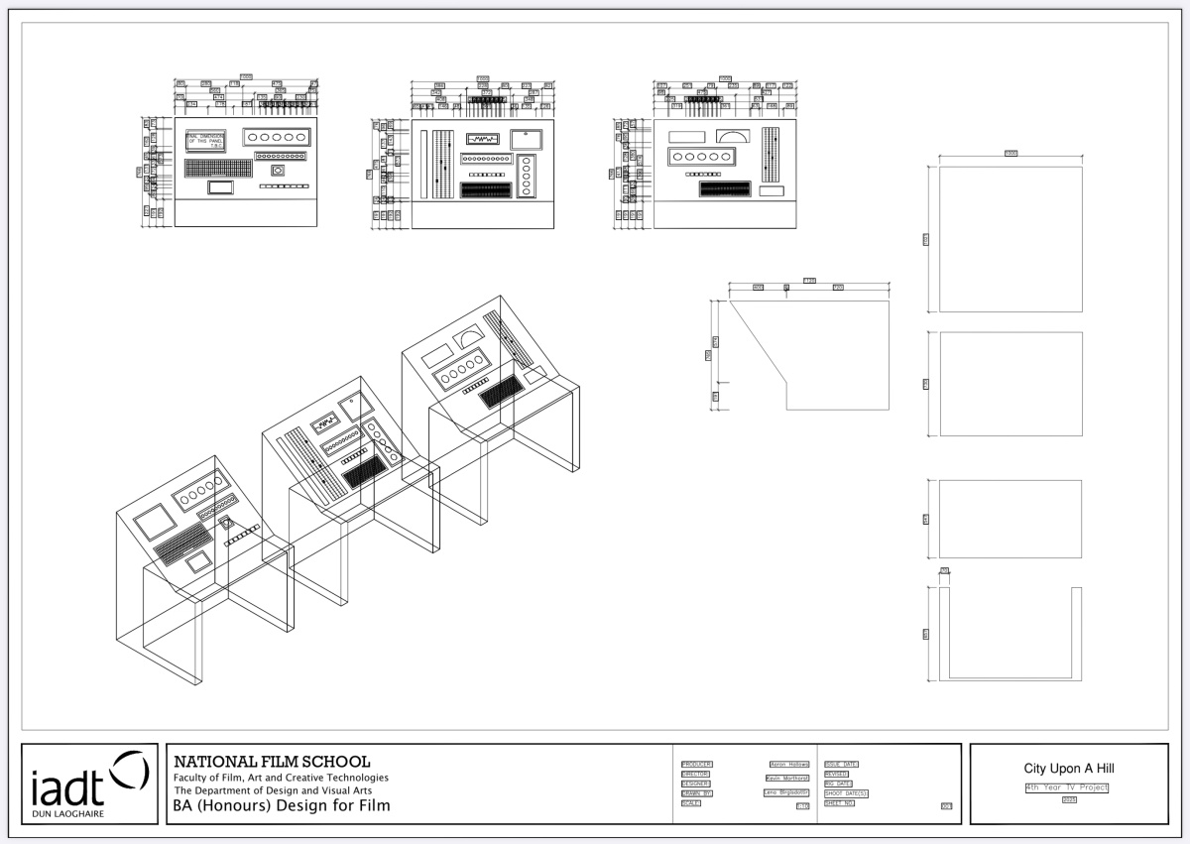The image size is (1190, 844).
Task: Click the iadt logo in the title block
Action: click(89, 784)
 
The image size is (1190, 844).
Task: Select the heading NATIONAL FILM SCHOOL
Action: click(272, 762)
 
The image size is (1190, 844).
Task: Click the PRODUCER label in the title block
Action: click(696, 765)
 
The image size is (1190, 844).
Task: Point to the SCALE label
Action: click(690, 803)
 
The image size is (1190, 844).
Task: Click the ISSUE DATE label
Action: click(841, 765)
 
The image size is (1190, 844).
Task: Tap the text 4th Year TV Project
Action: click(1067, 787)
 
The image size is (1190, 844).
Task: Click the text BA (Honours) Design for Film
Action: click(282, 806)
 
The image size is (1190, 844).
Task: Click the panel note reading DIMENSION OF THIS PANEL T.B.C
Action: click(206, 141)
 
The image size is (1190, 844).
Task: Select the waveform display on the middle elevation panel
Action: click(486, 140)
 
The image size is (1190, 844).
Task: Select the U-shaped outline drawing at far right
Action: click(1011, 635)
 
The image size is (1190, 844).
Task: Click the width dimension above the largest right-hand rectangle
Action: click(1011, 154)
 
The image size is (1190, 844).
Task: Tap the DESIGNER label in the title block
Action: click(695, 784)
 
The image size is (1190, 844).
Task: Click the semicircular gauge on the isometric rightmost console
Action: click(464, 342)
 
